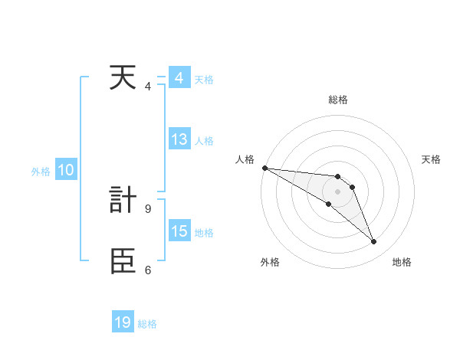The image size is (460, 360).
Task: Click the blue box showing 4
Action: pos(179,78)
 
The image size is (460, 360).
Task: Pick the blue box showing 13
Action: pos(179,139)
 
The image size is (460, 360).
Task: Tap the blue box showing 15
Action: pos(179,231)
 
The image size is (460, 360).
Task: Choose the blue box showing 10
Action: pos(66,170)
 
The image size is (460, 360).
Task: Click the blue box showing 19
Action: pos(123,322)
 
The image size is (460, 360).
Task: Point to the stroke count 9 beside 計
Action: pos(148,208)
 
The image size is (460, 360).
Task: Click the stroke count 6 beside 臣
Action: pos(148,270)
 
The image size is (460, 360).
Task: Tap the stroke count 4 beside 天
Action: pos(148,87)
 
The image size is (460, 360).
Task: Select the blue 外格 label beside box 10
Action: pos(41,172)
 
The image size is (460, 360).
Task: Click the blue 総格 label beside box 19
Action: pos(147,324)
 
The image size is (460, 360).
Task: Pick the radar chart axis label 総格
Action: pos(338,100)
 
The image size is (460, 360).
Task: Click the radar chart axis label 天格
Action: pos(432,159)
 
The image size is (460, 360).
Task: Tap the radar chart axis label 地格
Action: pos(402,263)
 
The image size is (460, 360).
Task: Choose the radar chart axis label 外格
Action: pos(270,263)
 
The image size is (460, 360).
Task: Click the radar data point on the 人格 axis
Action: pos(264,167)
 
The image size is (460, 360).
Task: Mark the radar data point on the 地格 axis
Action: pos(374,242)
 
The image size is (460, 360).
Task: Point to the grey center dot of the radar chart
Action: pos(338,191)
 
